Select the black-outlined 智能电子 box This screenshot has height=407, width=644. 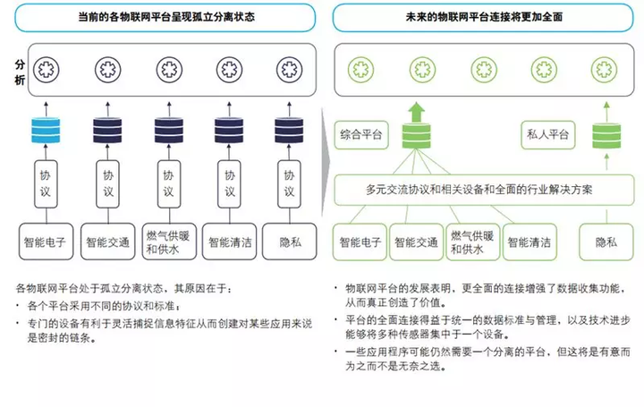[x=47, y=241]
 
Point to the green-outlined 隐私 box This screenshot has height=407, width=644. [x=606, y=242]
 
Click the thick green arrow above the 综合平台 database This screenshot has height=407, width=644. [x=415, y=111]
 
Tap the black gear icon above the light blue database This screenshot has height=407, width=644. [x=46, y=69]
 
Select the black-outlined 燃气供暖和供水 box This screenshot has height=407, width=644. [x=167, y=241]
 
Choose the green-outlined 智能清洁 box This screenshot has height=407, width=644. [x=530, y=242]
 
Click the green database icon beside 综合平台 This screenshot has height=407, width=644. [x=415, y=138]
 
